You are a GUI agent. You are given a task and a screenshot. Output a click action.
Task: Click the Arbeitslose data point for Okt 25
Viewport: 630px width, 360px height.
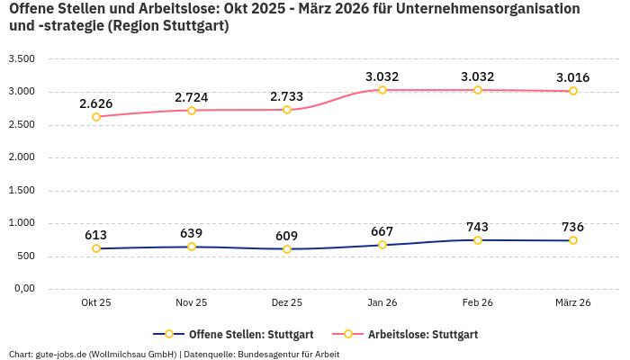[96, 116]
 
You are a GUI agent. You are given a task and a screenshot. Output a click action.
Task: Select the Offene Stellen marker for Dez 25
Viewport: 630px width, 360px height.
[287, 249]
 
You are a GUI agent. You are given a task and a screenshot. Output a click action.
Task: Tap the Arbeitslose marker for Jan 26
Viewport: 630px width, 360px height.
[382, 90]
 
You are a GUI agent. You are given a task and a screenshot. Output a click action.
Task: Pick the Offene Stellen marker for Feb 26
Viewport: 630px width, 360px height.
[478, 240]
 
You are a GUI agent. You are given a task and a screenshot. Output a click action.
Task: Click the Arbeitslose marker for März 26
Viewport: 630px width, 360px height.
[573, 91]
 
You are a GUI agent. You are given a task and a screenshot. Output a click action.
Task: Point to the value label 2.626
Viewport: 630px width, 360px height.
[96, 103]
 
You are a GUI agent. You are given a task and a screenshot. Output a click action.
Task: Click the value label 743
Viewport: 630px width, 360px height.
[478, 227]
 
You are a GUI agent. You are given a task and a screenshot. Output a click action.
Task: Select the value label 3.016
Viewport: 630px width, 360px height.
[573, 77]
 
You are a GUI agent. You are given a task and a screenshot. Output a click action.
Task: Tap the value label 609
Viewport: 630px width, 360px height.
[287, 236]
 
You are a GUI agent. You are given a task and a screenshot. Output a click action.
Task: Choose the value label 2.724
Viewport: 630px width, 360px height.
[192, 96]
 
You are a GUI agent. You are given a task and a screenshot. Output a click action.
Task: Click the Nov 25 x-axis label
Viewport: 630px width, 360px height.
[192, 303]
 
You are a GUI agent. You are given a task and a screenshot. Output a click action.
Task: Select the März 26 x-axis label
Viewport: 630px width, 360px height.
[573, 303]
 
